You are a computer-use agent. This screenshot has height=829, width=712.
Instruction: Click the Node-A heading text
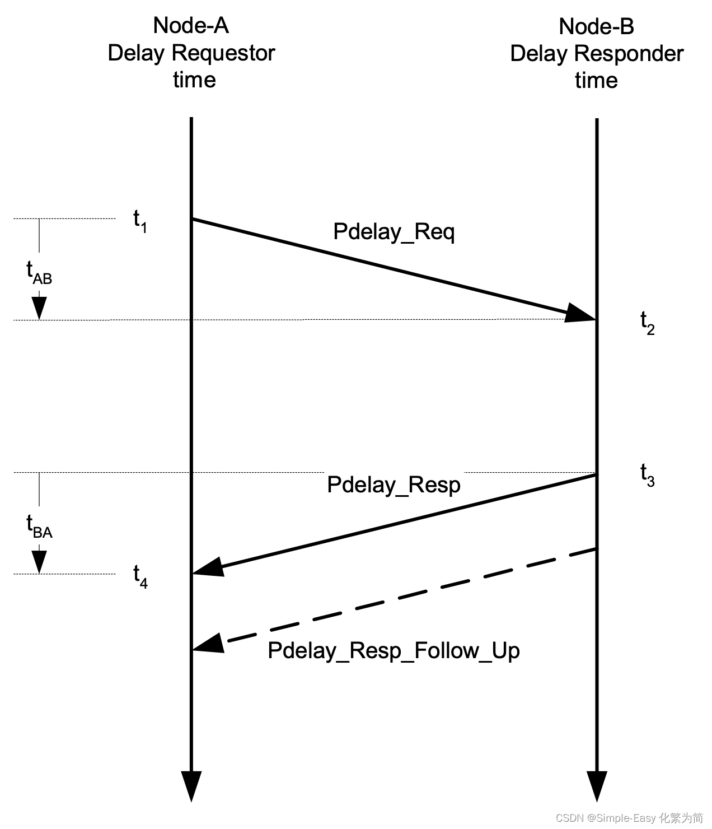(191, 25)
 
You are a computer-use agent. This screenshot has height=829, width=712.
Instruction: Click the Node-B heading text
(596, 26)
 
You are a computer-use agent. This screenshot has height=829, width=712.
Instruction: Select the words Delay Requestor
(191, 53)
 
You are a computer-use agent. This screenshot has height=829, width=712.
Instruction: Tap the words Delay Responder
(597, 53)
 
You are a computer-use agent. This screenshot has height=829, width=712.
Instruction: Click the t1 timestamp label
(140, 221)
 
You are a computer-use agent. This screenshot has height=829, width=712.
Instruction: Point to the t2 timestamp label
(647, 323)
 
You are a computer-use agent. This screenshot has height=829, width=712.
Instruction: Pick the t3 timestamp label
(647, 476)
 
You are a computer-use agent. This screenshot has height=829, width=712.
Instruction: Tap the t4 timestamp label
(140, 576)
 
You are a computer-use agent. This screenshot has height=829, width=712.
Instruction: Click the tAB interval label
(39, 273)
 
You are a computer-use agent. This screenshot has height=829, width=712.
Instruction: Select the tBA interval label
(39, 527)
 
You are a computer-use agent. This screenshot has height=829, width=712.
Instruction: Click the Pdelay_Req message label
(394, 231)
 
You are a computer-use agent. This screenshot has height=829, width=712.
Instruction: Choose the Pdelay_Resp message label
(394, 485)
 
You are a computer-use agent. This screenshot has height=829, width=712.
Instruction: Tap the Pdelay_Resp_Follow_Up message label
(394, 650)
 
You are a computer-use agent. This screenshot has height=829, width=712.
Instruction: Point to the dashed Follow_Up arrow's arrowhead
(209, 644)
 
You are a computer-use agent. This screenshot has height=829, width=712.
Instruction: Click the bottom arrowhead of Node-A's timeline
(191, 785)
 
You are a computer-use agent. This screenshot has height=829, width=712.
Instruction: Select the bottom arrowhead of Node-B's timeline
(597, 785)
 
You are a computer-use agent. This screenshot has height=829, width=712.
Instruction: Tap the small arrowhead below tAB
(39, 308)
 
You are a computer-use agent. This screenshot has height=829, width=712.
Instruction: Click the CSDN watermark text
(629, 818)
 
